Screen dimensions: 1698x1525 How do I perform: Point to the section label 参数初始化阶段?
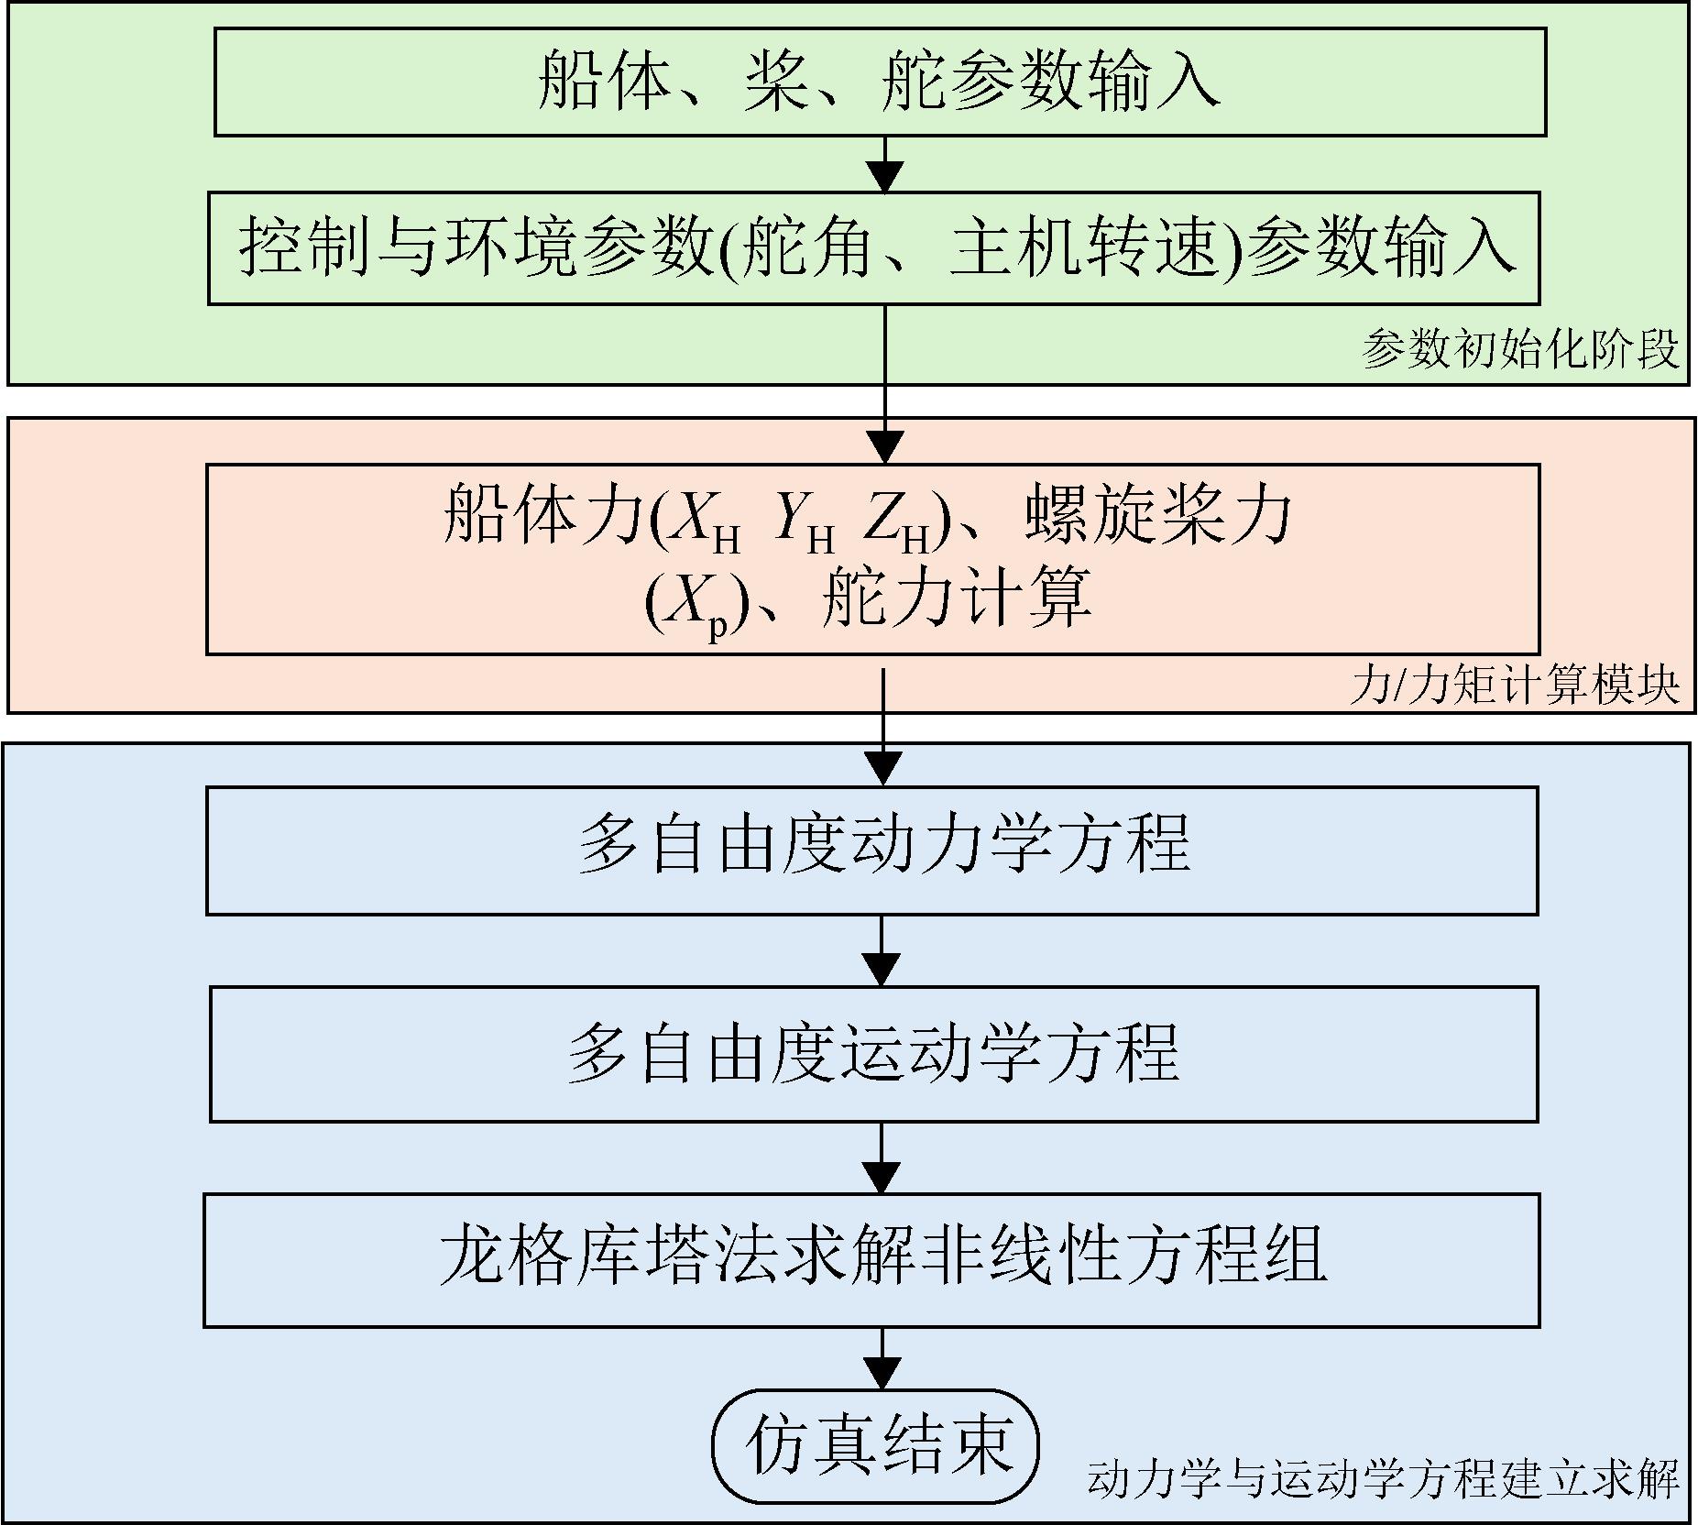pyautogui.click(x=1520, y=350)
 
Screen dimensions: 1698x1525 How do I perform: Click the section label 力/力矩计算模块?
pyautogui.click(x=1515, y=685)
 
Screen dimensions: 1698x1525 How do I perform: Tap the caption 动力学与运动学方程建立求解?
pyautogui.click(x=1384, y=1478)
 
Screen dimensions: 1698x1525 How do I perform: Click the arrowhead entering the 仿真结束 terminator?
pyautogui.click(x=882, y=1374)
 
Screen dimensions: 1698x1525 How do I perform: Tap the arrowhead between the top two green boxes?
pyautogui.click(x=885, y=175)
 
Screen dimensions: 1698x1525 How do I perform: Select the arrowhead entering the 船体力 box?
pyautogui.click(x=885, y=447)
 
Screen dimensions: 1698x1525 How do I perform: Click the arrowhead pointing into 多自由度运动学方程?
pyautogui.click(x=882, y=970)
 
